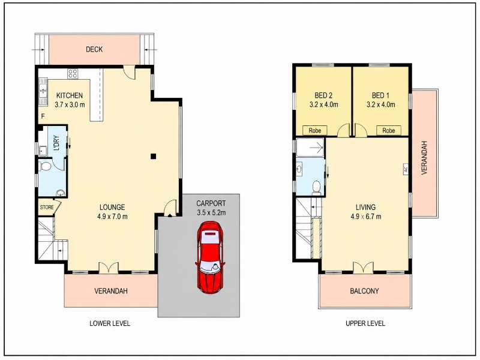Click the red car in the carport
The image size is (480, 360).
tap(210, 257)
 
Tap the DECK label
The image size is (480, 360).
tap(94, 49)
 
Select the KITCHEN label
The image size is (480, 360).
tap(70, 95)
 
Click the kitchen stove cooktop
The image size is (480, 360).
tap(73, 73)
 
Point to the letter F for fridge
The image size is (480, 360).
tap(43, 116)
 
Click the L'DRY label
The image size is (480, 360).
tap(56, 143)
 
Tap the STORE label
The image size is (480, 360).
tap(47, 207)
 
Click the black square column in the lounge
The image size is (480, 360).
tap(154, 157)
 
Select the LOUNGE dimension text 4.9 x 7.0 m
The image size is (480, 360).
tap(112, 217)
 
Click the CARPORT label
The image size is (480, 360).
tap(211, 203)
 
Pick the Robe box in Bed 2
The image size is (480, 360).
tap(315, 130)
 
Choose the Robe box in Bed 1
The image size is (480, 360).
tap(388, 130)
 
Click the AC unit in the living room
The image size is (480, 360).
tap(406, 170)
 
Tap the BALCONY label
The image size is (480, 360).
tap(364, 290)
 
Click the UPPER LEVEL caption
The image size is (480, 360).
tap(365, 323)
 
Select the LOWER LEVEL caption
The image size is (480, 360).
tap(110, 323)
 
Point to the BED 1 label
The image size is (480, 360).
tap(380, 95)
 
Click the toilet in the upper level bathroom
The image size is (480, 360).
tap(316, 188)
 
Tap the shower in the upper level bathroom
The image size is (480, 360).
tap(310, 148)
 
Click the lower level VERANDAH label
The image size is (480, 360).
tap(111, 290)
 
